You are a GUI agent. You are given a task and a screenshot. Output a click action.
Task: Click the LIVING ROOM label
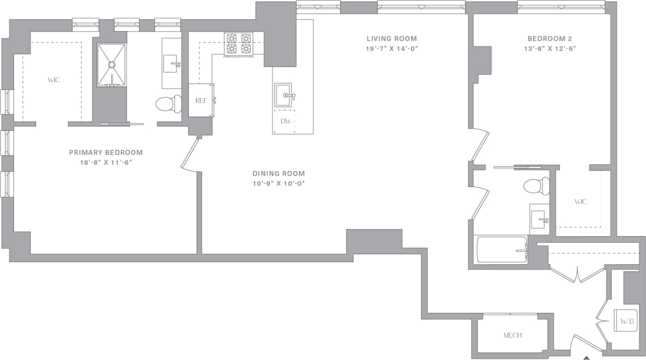(391, 38)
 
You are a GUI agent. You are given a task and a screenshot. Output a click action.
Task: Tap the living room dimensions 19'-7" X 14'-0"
(391, 49)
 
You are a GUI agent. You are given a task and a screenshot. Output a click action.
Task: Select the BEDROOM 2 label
(549, 38)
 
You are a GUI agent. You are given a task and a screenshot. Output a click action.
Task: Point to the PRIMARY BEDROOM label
(106, 152)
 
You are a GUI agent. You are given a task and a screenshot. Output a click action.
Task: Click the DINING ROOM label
(278, 174)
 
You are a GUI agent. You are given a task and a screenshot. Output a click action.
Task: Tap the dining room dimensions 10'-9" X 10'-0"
(278, 183)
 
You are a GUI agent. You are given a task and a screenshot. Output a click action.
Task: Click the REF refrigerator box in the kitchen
(201, 100)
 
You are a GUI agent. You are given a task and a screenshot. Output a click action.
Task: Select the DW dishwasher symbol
(284, 121)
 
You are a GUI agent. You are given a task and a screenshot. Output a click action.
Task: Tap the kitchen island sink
(284, 96)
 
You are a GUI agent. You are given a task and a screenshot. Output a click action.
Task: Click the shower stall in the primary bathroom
(111, 65)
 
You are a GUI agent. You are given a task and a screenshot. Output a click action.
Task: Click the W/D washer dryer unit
(626, 322)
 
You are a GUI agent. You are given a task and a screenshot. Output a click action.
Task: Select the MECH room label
(512, 335)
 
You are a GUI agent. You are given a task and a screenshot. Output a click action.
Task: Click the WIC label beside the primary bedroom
(54, 80)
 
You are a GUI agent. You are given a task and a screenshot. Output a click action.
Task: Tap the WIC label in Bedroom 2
(580, 201)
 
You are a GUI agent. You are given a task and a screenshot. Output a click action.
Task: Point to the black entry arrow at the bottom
(586, 357)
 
